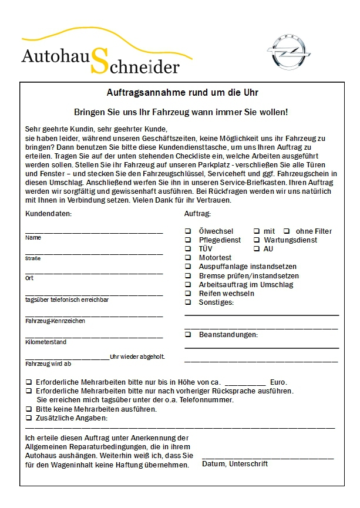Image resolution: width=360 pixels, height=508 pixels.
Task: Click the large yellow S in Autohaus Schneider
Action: (100, 61)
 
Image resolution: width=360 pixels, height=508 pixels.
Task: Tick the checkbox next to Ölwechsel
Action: (188, 231)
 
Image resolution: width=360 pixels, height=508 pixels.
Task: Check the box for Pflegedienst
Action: (188, 240)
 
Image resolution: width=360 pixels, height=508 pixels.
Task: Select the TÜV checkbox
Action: (188, 249)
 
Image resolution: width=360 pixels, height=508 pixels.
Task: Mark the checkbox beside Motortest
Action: (188, 258)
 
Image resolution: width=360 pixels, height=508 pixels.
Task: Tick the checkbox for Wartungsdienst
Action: (257, 240)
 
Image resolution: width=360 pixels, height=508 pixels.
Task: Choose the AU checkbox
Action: (257, 249)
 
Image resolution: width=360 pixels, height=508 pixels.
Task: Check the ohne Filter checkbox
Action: (287, 231)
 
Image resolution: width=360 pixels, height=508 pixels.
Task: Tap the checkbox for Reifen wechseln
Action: (188, 293)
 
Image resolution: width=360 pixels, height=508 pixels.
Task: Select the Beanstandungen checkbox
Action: (188, 335)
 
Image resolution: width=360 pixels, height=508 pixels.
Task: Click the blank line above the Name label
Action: (94, 233)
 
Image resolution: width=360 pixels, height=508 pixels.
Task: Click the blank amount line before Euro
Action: (245, 384)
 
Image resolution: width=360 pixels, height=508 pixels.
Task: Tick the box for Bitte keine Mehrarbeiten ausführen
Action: (29, 409)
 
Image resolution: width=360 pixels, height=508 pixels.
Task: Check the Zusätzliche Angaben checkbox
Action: (29, 418)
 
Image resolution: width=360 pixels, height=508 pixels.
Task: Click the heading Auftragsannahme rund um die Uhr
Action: (182, 93)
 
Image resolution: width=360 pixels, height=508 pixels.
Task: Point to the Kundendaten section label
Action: (49, 214)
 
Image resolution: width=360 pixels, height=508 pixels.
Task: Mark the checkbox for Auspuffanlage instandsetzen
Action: (188, 267)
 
